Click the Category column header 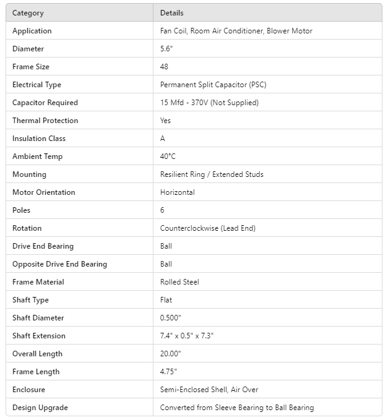[28, 13]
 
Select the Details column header [171, 13]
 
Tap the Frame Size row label [31, 67]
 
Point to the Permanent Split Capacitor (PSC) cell [213, 85]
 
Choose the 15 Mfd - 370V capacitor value [209, 103]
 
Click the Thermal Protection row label [45, 121]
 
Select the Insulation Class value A [163, 139]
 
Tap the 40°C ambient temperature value [168, 156]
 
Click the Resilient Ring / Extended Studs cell [212, 174]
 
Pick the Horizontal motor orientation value [177, 192]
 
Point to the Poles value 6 [162, 210]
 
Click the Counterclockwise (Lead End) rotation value [207, 228]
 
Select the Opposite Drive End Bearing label [59, 264]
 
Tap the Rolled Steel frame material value [179, 282]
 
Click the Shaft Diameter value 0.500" [171, 318]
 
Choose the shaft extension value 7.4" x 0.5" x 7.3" [187, 336]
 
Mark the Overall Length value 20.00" [171, 354]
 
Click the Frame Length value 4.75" [168, 372]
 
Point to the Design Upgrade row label [40, 408]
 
